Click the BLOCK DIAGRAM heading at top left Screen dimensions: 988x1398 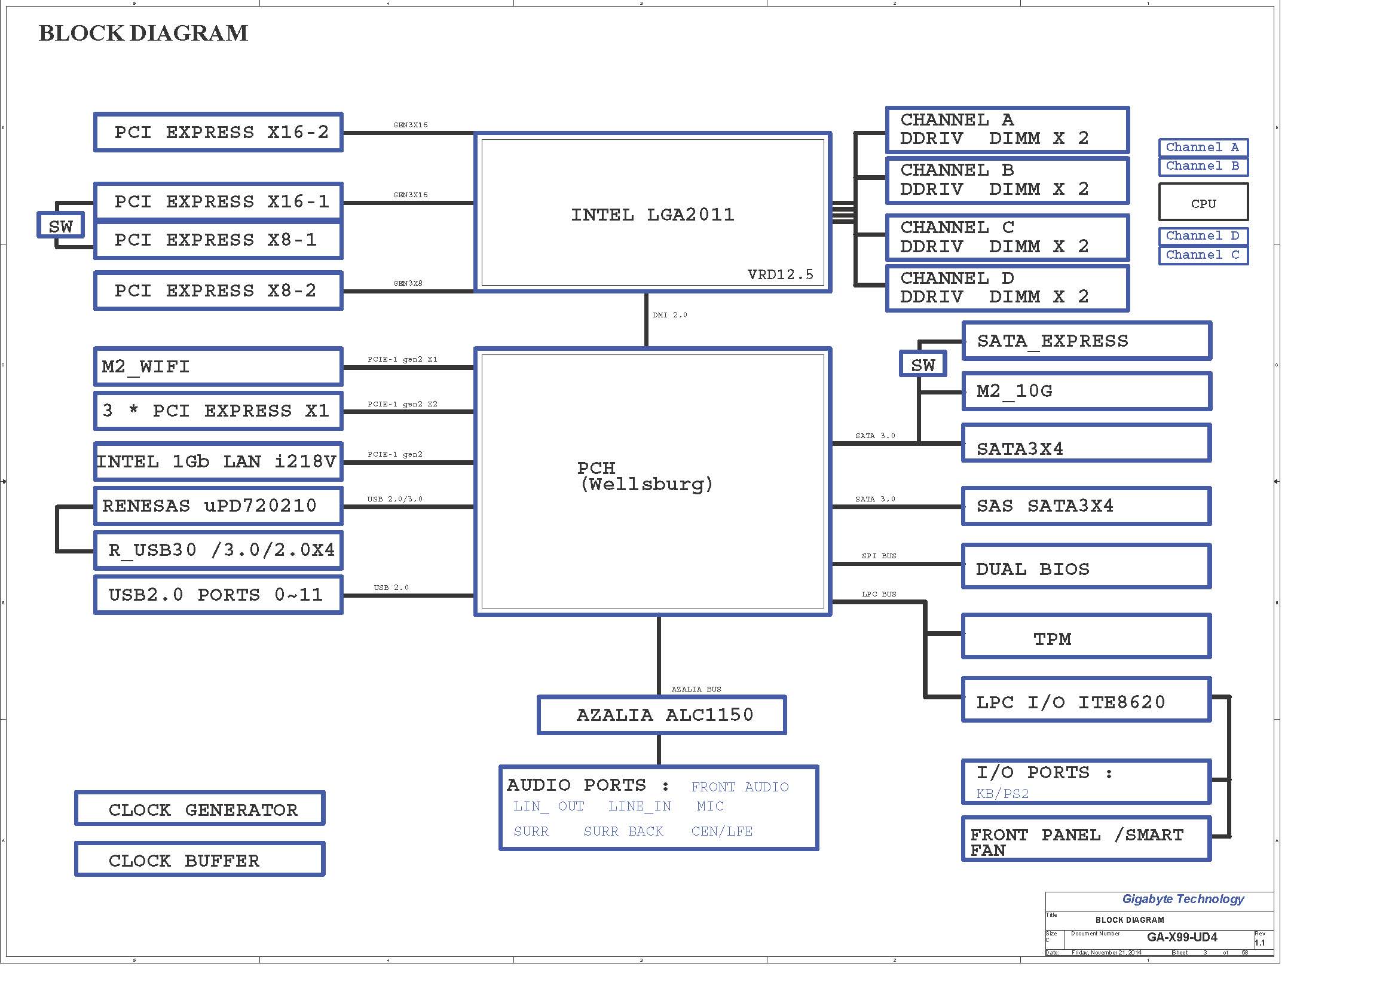point(143,33)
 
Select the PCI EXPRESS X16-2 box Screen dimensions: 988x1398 point(218,132)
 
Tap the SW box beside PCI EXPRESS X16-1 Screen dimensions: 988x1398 point(60,226)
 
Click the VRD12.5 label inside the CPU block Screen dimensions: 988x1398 point(780,274)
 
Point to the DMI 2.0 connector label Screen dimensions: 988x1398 point(670,315)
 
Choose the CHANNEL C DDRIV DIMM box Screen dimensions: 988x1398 point(1007,237)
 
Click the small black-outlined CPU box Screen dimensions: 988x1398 point(1203,203)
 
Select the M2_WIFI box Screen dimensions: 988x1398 point(218,366)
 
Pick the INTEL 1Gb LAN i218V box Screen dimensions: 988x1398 point(218,461)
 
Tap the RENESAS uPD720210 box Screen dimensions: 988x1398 point(218,505)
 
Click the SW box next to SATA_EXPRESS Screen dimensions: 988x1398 point(922,365)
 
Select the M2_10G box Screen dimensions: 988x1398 point(1086,391)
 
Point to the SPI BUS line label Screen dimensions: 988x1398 point(879,556)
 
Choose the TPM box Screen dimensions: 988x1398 point(1086,637)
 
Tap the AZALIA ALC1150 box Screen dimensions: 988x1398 point(662,715)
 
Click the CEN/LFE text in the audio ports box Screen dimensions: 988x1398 point(721,831)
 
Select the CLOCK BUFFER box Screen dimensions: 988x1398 point(200,859)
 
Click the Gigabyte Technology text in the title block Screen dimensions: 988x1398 point(1182,899)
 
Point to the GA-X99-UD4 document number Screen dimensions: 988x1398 point(1181,937)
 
